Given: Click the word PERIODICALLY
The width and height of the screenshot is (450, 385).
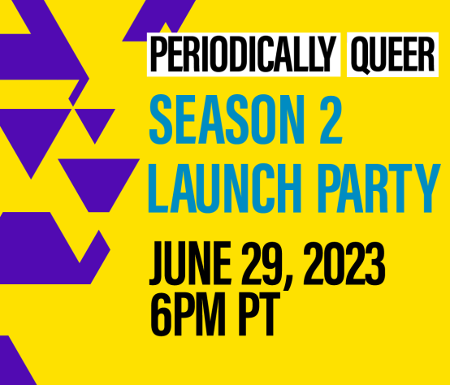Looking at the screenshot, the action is coord(243,54).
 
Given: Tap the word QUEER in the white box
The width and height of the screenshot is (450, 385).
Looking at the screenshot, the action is coord(392,54).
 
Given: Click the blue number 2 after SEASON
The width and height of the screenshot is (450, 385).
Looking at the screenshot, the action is coord(331,119).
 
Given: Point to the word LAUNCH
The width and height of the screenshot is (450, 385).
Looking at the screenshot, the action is coord(225,188).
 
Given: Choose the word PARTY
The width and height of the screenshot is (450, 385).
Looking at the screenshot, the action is coord(379,188).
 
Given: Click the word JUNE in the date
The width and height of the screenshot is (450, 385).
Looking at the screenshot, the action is coord(190,264).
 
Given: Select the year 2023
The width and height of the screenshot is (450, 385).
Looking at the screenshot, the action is coord(344,263).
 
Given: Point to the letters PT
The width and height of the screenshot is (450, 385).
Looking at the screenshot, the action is coord(259,314).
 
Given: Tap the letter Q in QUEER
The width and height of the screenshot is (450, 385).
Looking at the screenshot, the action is coord(361,55).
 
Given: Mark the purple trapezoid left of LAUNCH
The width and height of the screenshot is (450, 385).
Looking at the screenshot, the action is coord(99,185).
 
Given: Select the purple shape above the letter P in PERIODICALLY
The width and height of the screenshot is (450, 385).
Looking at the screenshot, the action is coord(158,20).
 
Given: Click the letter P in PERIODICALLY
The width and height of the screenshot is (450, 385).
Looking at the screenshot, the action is coord(158,54).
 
